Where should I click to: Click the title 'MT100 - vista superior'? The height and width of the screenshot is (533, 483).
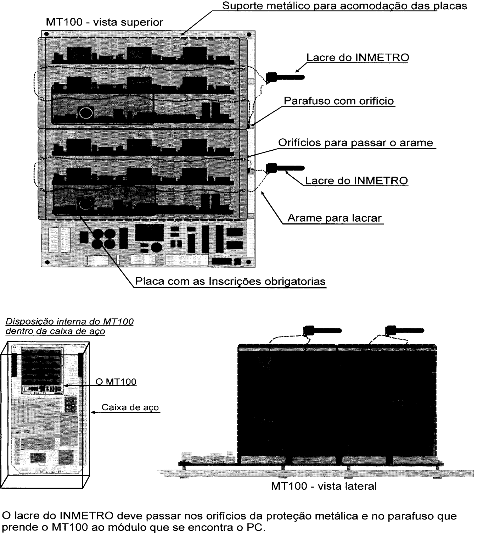point(104,22)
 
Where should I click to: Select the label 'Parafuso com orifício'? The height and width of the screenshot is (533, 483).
point(339,101)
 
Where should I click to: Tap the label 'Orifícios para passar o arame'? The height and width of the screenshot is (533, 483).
point(355,143)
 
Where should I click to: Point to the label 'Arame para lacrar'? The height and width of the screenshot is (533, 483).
point(335,218)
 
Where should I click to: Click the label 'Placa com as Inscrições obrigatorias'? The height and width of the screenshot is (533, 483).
point(230,281)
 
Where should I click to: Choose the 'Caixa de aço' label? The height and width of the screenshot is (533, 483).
point(130,407)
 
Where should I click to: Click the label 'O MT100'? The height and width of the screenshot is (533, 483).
point(116,382)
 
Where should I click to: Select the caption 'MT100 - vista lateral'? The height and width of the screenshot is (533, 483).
point(324,486)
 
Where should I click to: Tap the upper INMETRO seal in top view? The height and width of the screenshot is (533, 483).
point(285,77)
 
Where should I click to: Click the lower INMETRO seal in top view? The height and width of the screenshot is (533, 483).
point(285,168)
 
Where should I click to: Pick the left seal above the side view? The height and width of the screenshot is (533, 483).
point(322,331)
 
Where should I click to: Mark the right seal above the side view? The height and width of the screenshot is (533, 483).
point(404,330)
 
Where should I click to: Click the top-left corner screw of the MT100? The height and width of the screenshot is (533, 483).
point(46,34)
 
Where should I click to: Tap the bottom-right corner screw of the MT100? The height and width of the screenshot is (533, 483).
point(248,262)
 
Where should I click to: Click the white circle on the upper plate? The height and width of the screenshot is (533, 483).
point(86,113)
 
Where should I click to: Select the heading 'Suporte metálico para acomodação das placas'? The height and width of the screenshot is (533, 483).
point(344,6)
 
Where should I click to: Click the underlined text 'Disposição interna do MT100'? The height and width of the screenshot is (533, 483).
point(69,322)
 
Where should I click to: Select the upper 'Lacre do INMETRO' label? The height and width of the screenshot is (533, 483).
point(358,57)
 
